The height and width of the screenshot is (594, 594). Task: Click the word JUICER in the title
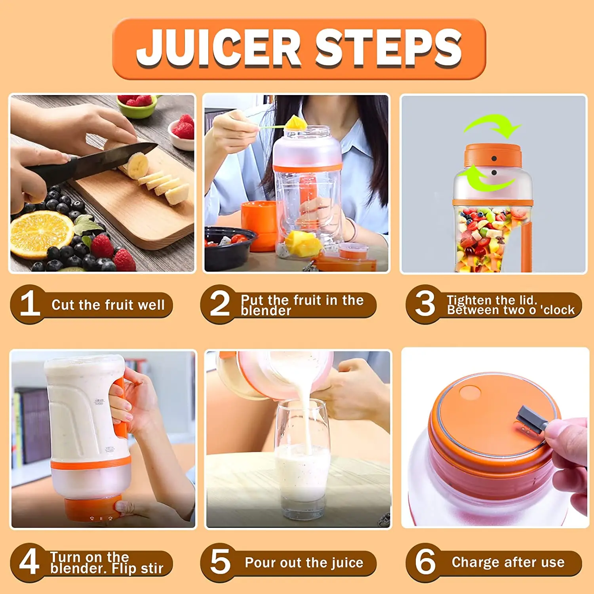tap(219, 48)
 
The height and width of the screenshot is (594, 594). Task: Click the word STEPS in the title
tap(388, 48)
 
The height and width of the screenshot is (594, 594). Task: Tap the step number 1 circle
tap(30, 304)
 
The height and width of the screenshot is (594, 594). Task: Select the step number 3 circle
tap(425, 304)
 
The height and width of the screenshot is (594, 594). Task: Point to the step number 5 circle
tap(220, 562)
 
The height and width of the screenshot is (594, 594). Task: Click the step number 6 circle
tap(425, 562)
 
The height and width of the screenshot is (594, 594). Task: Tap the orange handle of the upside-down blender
tap(121, 408)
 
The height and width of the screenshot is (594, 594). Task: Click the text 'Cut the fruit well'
tap(108, 305)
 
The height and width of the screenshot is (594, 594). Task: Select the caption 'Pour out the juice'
tap(304, 563)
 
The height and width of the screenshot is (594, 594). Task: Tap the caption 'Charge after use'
tap(508, 562)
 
